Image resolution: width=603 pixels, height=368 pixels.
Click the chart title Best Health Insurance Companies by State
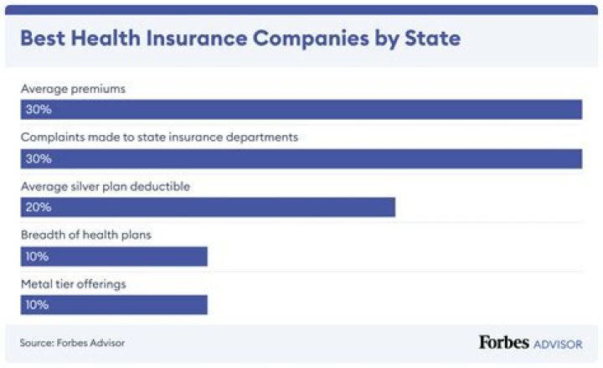coord(240,39)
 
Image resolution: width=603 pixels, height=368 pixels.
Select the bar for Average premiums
coord(301,110)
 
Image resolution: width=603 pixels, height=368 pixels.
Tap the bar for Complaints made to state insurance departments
coord(301,158)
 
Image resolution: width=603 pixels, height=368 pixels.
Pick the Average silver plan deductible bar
coord(208,207)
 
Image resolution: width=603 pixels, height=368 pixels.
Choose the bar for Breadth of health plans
coord(114,256)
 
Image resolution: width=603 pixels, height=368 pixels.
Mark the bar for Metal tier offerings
coord(114,304)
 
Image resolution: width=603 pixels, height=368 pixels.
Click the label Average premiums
coord(73,89)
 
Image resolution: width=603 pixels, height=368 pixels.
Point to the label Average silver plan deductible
coord(106,186)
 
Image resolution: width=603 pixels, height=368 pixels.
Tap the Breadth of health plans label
coord(86,235)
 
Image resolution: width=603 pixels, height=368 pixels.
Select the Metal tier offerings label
coord(74,283)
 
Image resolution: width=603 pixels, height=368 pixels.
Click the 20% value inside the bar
coord(38,207)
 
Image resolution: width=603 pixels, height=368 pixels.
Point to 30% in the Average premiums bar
coord(38,110)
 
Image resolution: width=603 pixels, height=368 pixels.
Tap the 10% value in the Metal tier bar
coord(37,304)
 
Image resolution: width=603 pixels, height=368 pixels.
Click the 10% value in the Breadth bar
coord(37,256)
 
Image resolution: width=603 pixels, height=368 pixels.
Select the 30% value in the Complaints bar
coord(38,158)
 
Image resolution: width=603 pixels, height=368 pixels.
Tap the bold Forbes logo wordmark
coord(505,342)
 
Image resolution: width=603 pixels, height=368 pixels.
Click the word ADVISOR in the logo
coord(559,344)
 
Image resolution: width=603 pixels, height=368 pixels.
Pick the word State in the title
coord(432,39)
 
